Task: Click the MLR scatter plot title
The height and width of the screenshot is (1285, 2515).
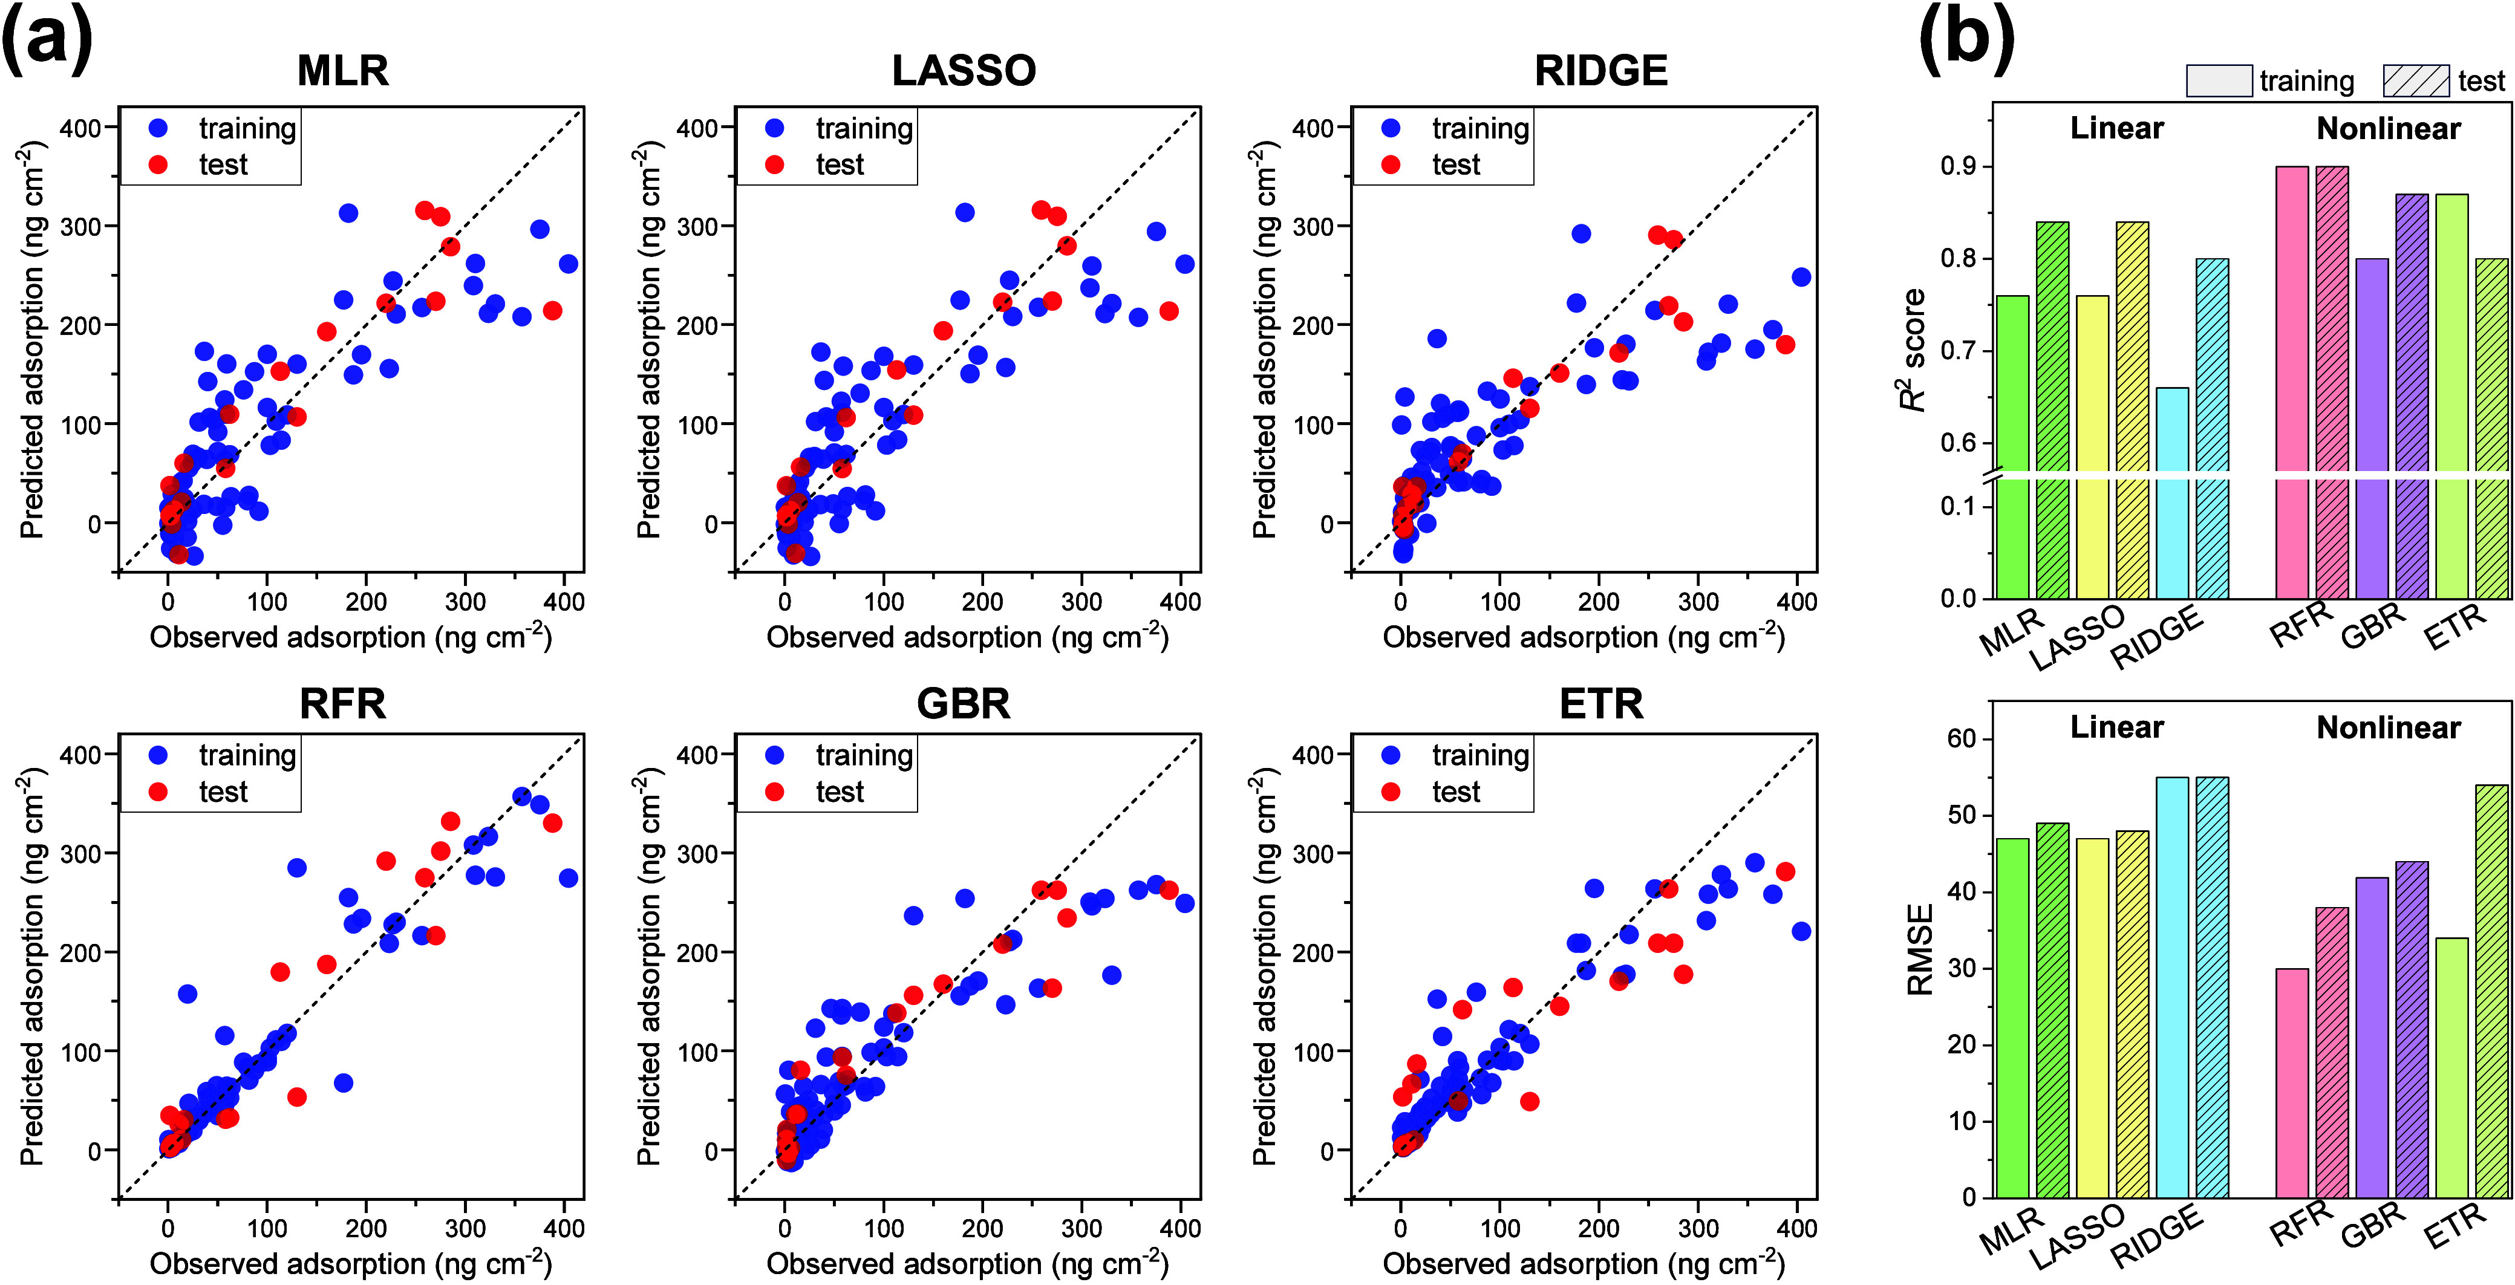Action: [343, 70]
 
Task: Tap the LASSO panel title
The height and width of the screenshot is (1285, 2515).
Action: [964, 70]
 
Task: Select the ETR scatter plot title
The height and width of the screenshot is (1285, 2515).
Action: [1601, 703]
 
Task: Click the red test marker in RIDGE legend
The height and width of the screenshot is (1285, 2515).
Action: [1391, 164]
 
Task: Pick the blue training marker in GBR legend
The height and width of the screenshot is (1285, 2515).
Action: [775, 755]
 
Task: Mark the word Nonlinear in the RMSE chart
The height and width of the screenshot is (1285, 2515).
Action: [2388, 727]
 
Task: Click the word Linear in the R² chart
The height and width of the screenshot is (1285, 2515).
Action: [2116, 128]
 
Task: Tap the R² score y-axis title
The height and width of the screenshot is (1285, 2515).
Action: [1914, 350]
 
